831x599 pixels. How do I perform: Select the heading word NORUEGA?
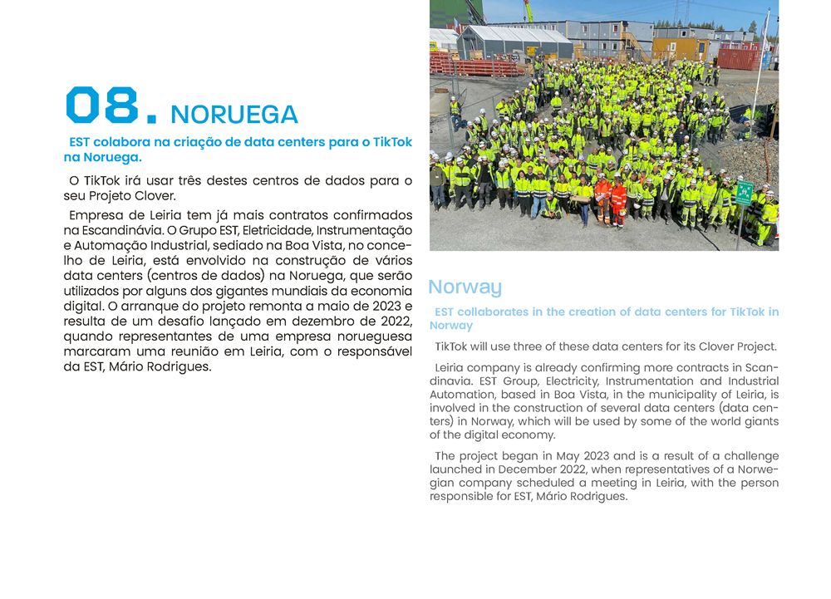[x=234, y=115]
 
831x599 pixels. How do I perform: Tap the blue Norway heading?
[x=465, y=287]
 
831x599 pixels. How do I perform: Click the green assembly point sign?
[x=745, y=192]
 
